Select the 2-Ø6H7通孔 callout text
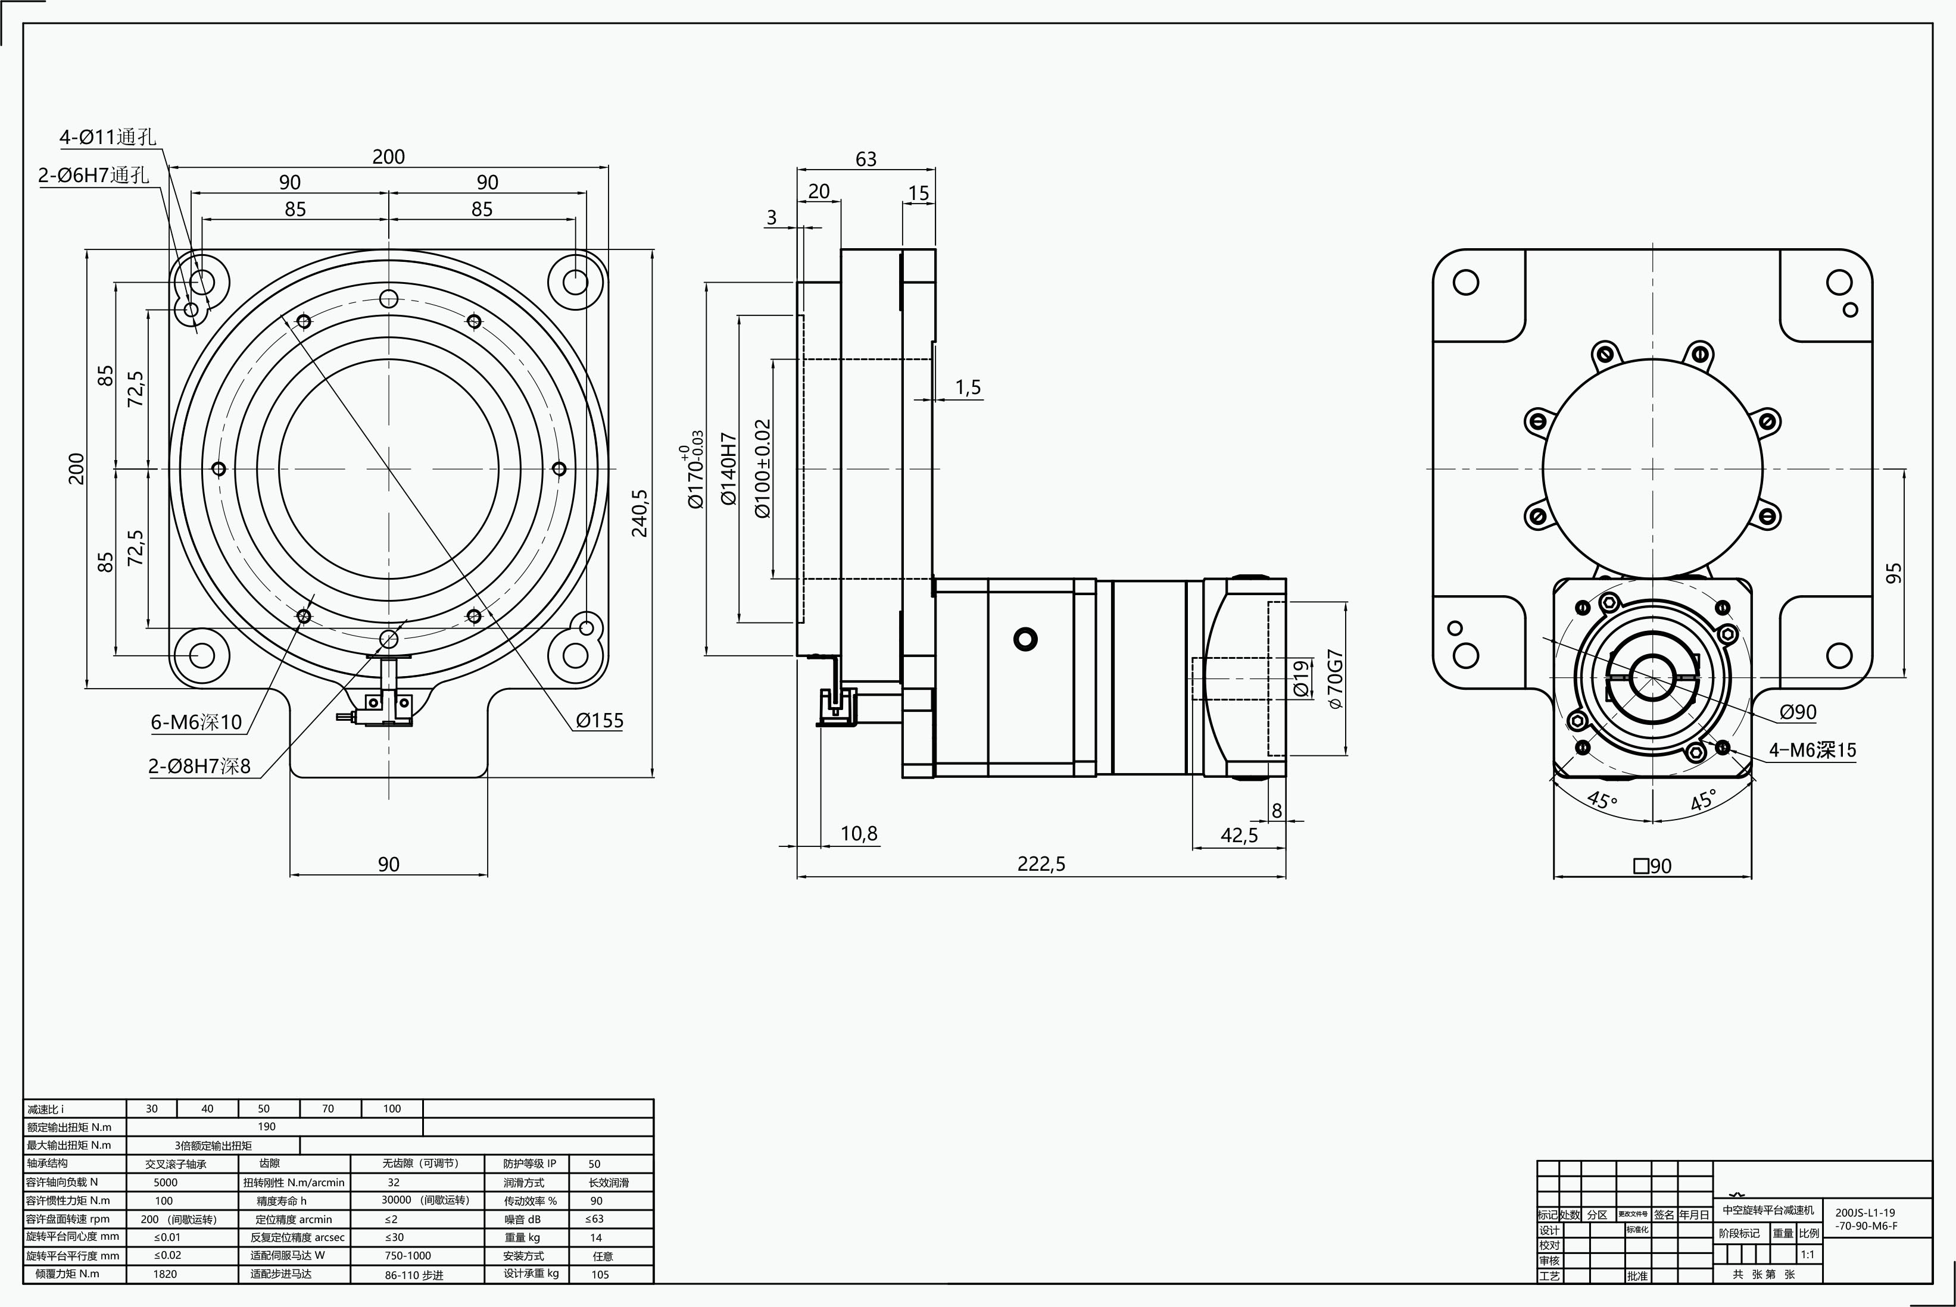pos(93,175)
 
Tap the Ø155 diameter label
pos(600,720)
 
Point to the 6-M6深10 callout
pos(196,722)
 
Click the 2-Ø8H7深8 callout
pos(199,766)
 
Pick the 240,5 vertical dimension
pos(639,512)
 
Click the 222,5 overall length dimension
pos(1041,864)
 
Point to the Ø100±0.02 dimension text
pos(763,468)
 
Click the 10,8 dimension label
pos(859,834)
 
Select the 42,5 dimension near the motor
pos(1239,835)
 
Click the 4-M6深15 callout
pos(1813,750)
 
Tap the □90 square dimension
pos(1652,866)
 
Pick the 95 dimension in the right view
pos(1894,574)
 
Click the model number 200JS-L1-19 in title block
pos(1865,1213)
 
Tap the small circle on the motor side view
pos(1025,639)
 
